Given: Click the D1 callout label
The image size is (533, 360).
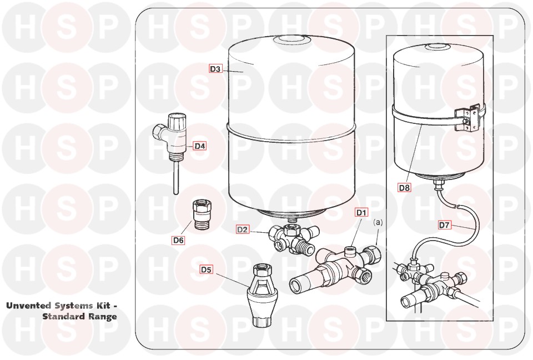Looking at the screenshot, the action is [361, 213].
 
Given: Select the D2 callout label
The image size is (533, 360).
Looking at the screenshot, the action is [243, 229].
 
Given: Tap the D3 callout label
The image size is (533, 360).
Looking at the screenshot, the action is [215, 69].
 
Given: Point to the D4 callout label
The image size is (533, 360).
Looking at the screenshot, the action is [199, 146].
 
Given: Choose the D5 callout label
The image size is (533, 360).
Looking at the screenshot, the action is [206, 269].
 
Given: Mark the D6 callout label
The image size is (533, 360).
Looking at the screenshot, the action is [178, 240].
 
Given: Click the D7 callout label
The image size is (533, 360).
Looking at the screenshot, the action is [444, 225].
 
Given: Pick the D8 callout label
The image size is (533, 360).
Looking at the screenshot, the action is [405, 187].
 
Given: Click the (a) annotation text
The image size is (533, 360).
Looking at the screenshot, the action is [378, 223].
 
